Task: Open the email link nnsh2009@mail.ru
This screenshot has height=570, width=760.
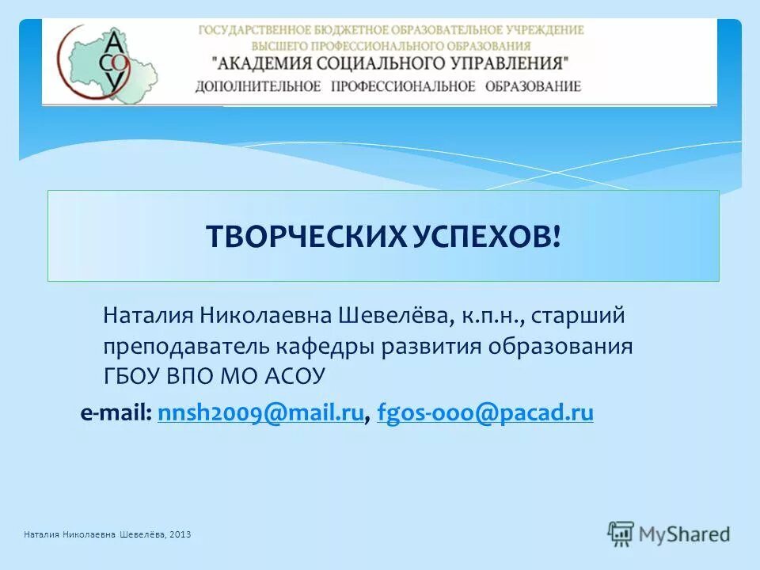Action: (x=260, y=412)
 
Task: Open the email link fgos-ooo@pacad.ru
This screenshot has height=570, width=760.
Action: (x=485, y=412)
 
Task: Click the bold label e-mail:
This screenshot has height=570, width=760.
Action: (x=116, y=412)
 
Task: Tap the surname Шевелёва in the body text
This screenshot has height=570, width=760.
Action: (x=396, y=317)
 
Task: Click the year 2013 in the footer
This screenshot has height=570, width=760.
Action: (x=180, y=535)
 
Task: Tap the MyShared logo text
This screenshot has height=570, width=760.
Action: (x=685, y=534)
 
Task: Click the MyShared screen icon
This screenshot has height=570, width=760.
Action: (x=621, y=534)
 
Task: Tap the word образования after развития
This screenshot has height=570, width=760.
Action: (x=560, y=347)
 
